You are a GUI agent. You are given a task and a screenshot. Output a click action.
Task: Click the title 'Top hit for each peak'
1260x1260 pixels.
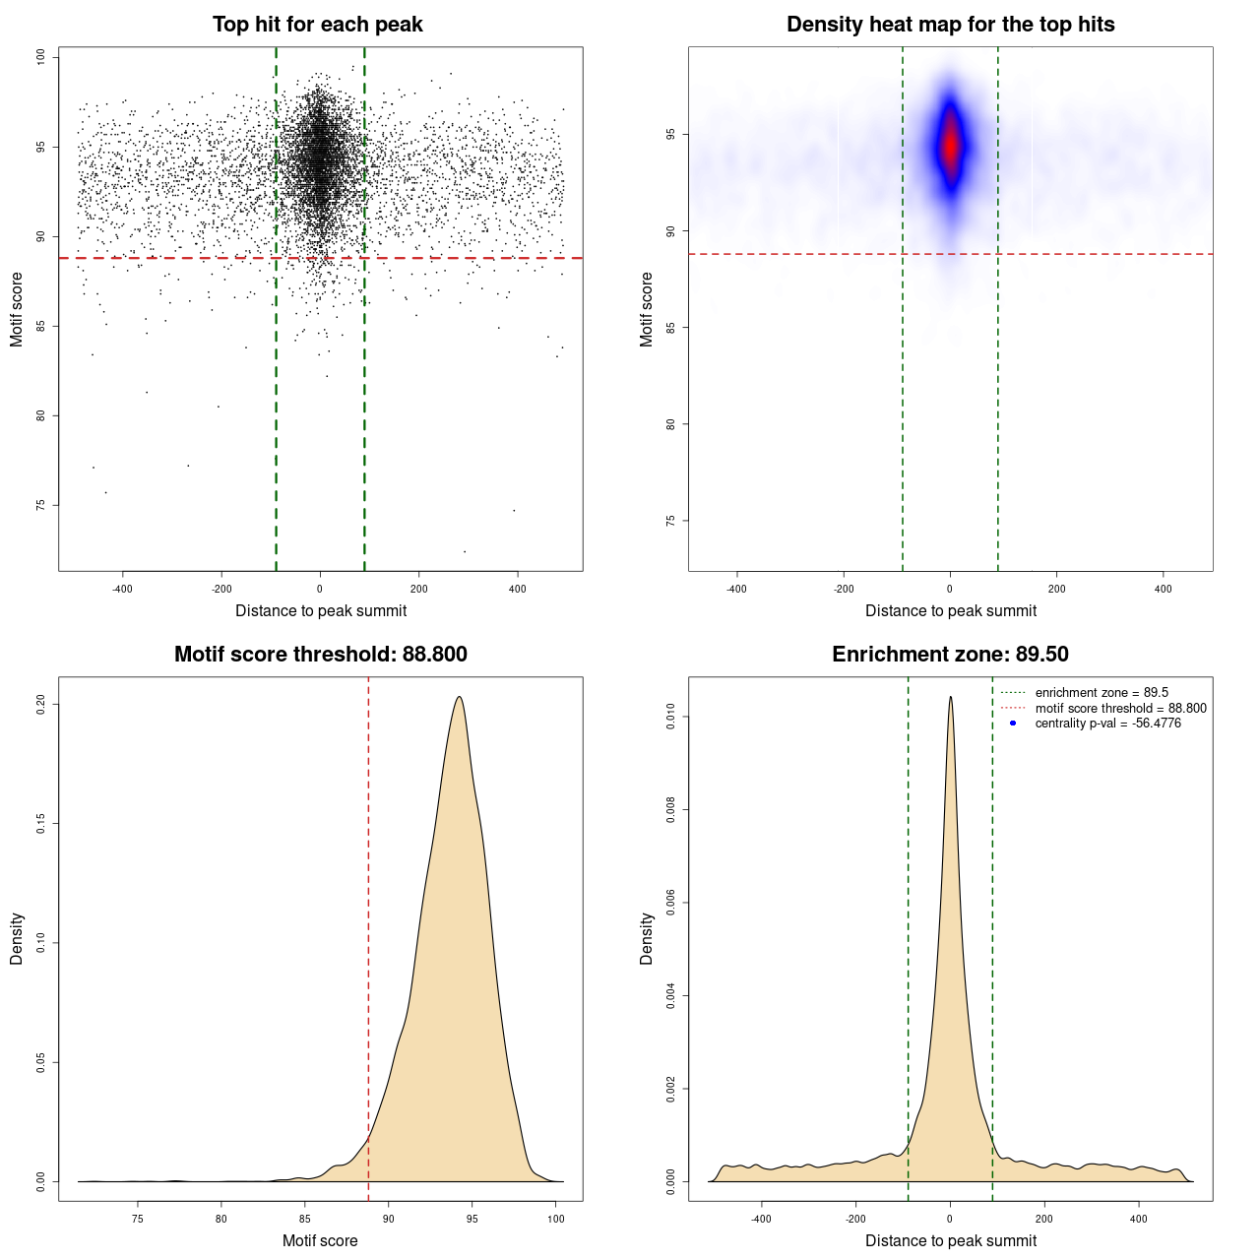318,25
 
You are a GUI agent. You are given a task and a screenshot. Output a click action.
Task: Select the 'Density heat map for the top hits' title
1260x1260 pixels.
950,25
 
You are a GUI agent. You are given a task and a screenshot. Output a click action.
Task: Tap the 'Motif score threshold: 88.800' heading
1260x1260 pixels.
320,655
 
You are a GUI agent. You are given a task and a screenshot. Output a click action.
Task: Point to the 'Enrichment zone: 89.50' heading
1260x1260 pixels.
950,655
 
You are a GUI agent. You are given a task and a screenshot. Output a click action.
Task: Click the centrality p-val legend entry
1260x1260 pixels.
1107,724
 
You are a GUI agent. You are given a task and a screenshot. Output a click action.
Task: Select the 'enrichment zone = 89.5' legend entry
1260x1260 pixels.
1102,693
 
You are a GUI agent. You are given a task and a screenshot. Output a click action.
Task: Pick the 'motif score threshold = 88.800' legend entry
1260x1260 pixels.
1120,709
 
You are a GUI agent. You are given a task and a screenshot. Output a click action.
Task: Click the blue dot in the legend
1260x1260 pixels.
1013,724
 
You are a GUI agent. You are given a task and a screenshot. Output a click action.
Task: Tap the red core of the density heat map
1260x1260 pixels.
950,145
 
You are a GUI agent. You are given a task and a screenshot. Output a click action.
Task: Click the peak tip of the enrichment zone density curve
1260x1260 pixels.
950,698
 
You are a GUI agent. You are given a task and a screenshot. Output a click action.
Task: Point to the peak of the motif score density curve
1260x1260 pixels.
459,698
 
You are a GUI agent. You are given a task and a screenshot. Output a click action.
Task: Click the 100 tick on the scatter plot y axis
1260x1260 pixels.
41,58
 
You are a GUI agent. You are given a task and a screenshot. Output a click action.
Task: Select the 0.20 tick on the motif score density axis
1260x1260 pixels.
41,705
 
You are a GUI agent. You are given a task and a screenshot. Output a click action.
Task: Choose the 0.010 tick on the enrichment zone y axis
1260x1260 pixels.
671,719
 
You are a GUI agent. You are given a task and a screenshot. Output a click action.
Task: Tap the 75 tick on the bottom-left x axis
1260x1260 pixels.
138,1219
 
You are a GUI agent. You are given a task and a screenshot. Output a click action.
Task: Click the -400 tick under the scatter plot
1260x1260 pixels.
123,589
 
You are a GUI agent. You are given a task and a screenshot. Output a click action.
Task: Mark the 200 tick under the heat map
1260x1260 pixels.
1056,589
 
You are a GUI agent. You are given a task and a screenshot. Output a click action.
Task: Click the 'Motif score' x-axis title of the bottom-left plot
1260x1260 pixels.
320,1240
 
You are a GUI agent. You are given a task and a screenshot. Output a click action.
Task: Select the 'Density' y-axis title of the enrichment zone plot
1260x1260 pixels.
647,938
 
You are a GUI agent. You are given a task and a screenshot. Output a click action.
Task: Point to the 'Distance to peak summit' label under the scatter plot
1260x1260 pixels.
321,611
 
